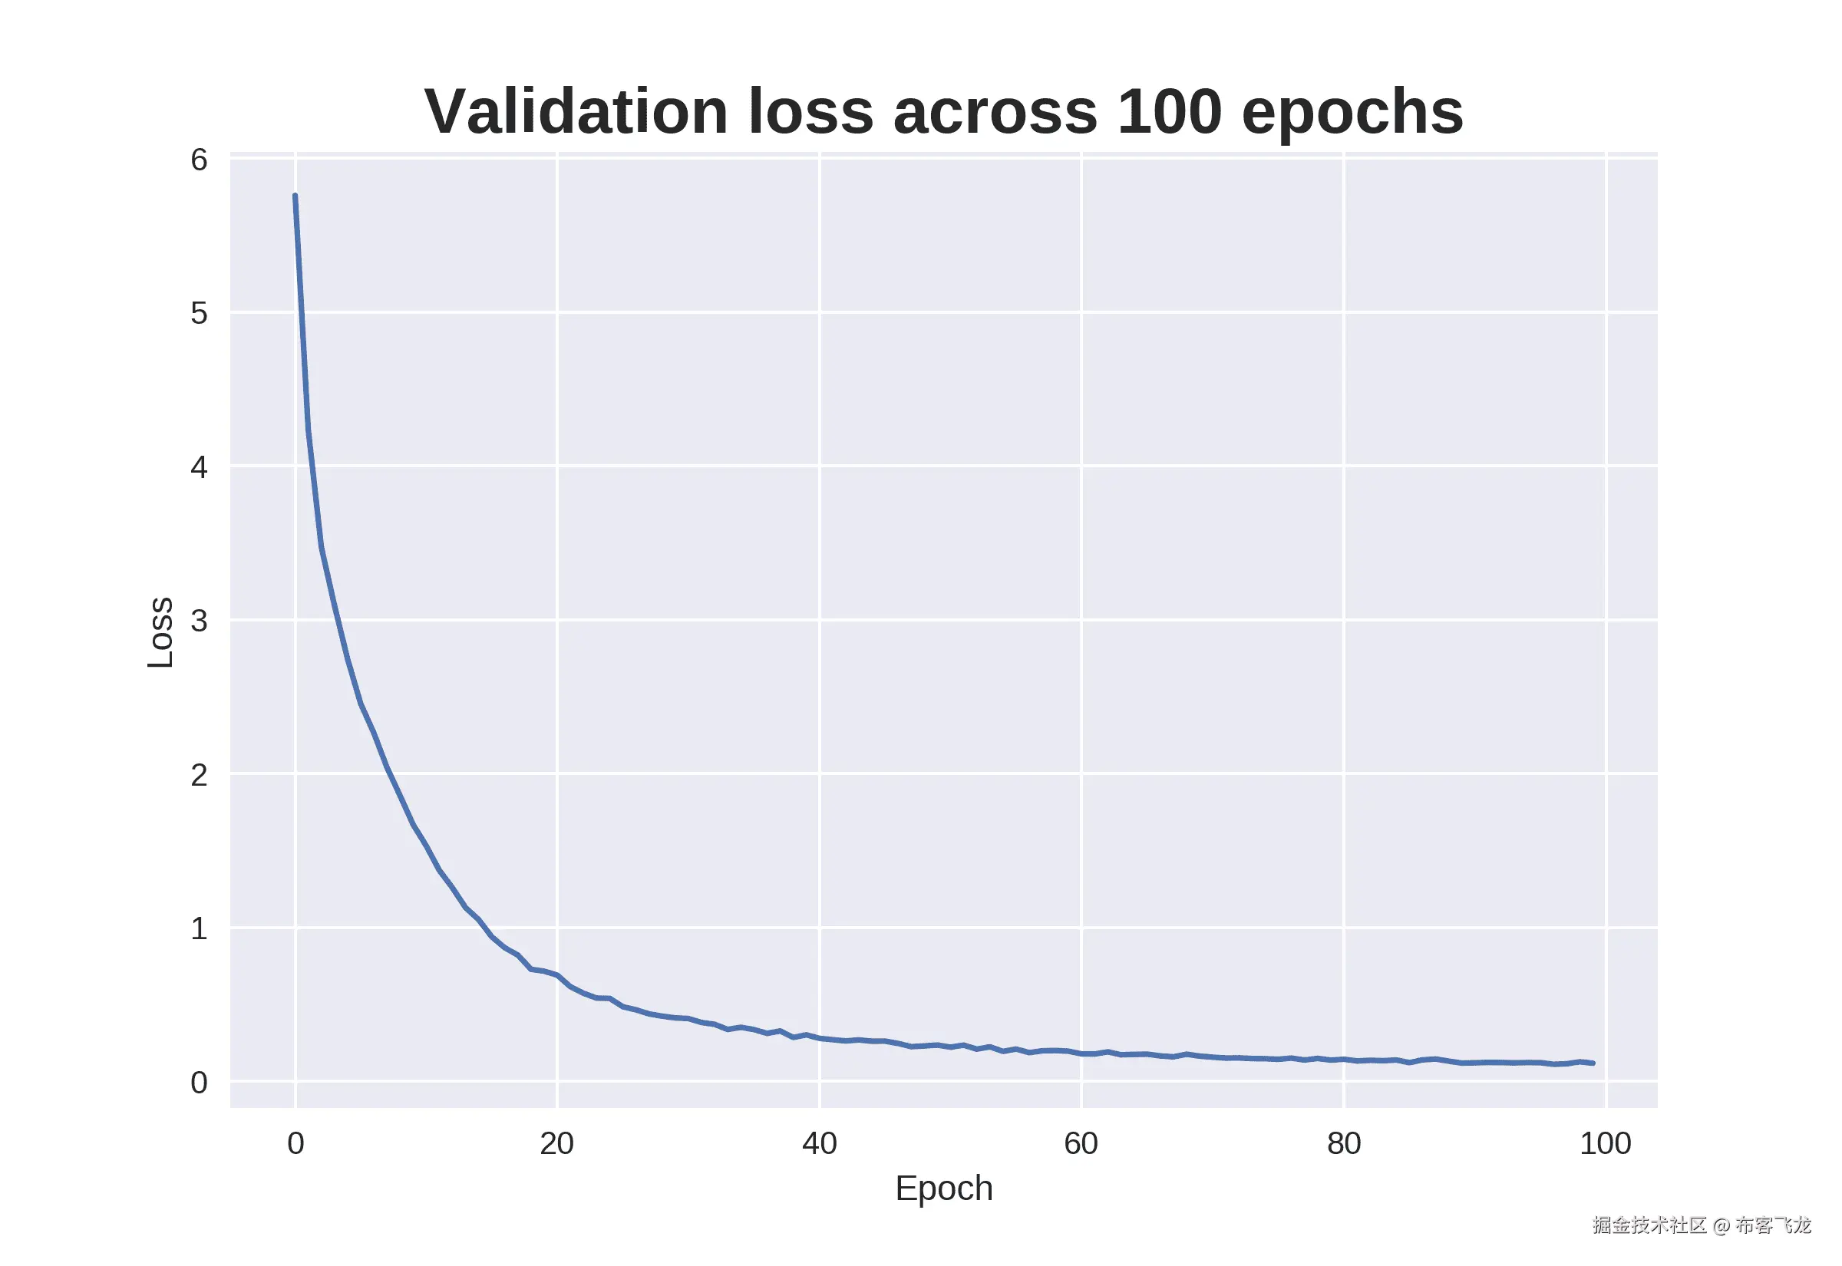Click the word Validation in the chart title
tap(576, 112)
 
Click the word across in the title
tap(995, 114)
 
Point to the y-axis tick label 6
tap(198, 160)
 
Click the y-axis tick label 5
tap(198, 313)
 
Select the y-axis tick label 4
tap(198, 467)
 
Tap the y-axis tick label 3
tap(198, 620)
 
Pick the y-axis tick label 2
tap(198, 775)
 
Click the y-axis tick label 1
tap(198, 928)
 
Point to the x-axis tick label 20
tap(557, 1144)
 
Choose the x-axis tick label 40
tap(819, 1144)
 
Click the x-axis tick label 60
tap(1081, 1144)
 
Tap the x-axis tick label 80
tap(1343, 1144)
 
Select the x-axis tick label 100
tap(1605, 1144)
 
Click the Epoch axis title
tap(943, 1189)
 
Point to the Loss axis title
tap(161, 632)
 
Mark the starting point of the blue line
tap(295, 195)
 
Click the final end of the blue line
tap(1593, 1063)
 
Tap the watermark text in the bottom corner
tap(1701, 1225)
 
